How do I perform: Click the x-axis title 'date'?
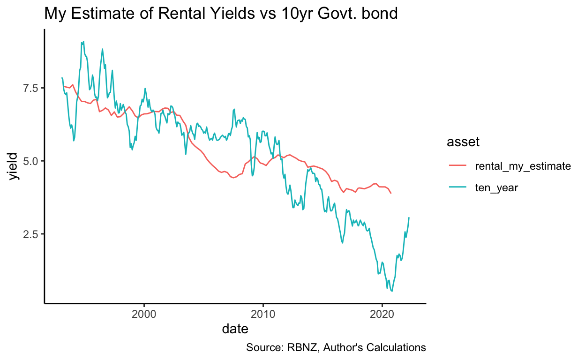click(x=235, y=329)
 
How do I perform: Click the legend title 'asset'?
click(x=463, y=142)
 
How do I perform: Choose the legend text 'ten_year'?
click(x=497, y=187)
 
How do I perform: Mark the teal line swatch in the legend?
click(x=458, y=187)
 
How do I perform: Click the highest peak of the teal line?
click(x=83, y=41)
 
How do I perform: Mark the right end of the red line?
click(x=391, y=193)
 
